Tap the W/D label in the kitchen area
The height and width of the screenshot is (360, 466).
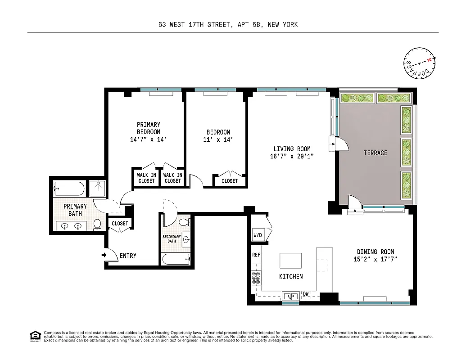tap(258, 234)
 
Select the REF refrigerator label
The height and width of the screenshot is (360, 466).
tap(256, 255)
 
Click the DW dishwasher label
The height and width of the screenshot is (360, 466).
tap(306, 294)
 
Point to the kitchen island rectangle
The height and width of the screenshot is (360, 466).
tap(290, 261)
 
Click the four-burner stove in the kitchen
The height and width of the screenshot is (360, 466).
tap(256, 279)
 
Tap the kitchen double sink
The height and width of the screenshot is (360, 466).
tap(291, 296)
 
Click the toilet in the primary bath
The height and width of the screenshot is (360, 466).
tap(97, 224)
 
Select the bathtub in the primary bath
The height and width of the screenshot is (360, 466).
tap(68, 188)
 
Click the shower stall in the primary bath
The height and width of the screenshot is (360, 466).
tap(97, 188)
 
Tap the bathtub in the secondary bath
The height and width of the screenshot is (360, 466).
tap(176, 259)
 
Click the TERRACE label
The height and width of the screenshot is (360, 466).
tap(375, 153)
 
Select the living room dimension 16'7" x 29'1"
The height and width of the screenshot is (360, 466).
tap(292, 157)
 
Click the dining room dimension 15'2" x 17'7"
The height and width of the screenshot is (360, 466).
tap(375, 259)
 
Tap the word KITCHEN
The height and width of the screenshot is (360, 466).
tap(291, 276)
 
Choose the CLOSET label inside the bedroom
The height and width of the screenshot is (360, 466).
tap(229, 181)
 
